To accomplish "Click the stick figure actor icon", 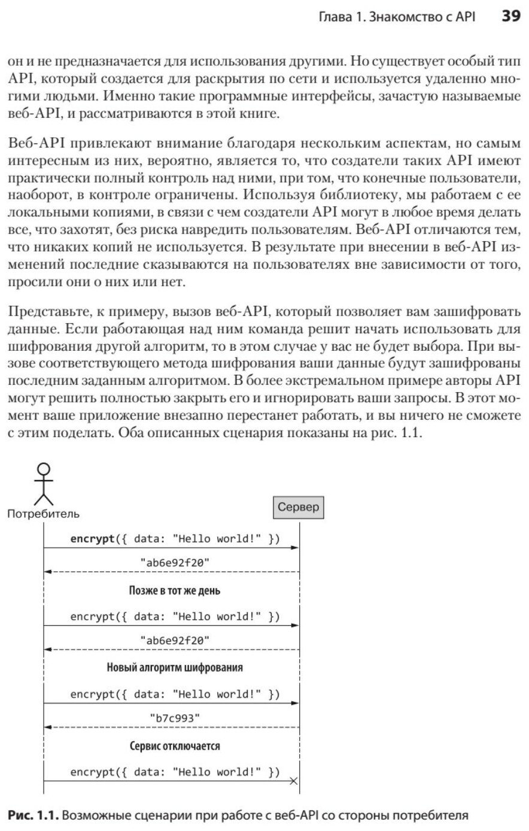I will tap(43, 483).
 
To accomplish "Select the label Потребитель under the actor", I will tap(43, 513).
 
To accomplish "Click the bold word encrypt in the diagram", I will tap(92, 538).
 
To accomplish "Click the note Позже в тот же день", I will tap(174, 591).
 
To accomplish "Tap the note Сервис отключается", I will tap(174, 747).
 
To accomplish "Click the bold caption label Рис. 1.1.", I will tap(34, 815).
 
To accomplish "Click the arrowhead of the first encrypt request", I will tap(295, 547).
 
